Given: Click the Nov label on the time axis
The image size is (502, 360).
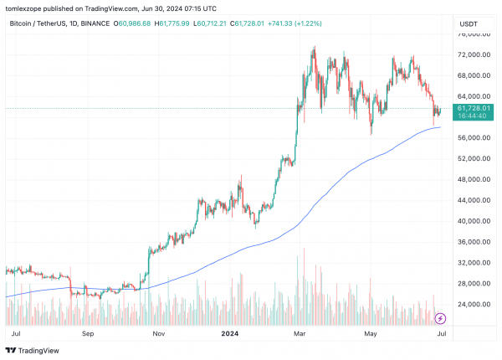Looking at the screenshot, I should tap(158, 332).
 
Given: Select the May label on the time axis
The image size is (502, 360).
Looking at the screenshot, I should tap(370, 332).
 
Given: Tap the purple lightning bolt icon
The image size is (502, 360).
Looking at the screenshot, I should tap(441, 318).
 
